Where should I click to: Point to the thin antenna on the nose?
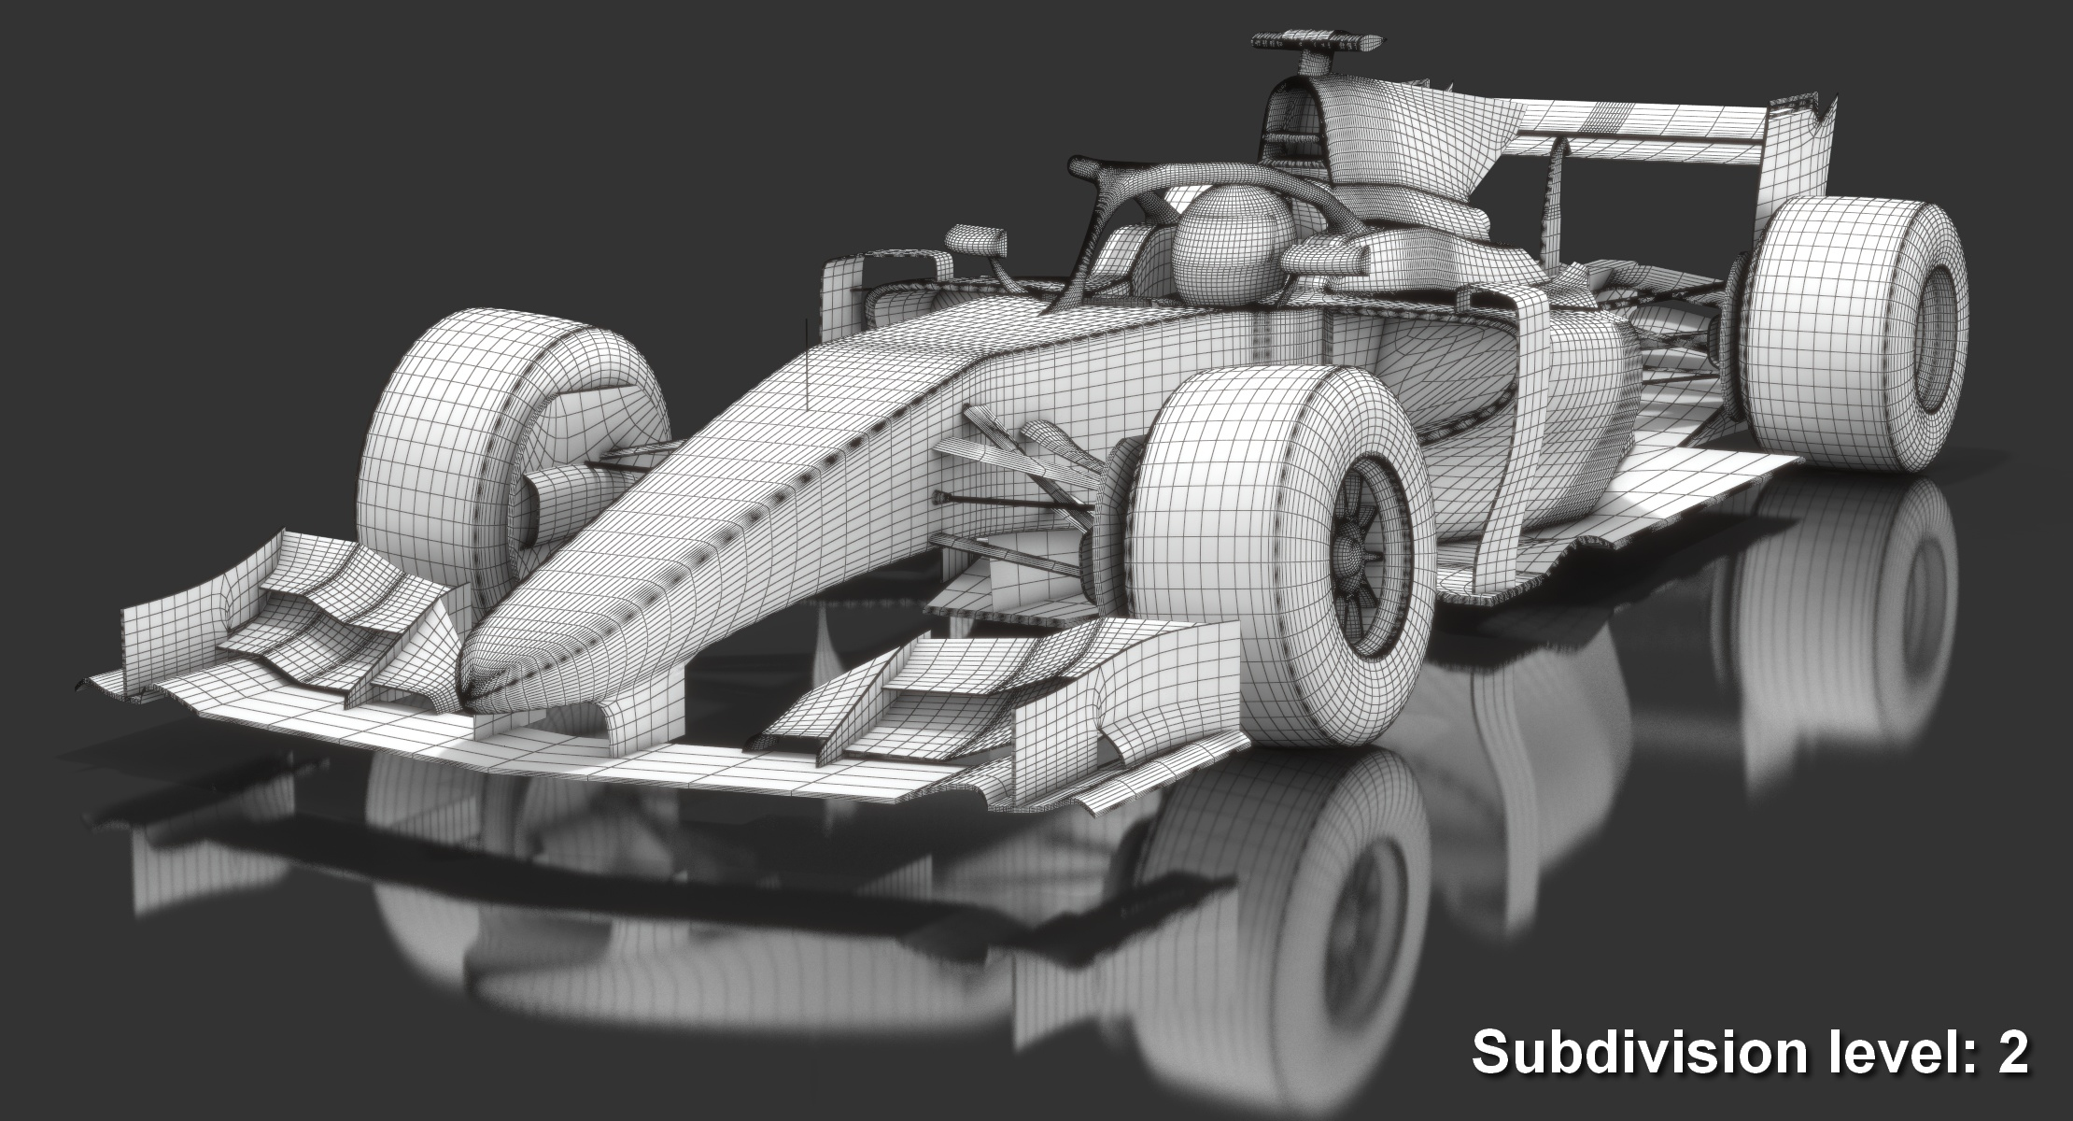(805, 360)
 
